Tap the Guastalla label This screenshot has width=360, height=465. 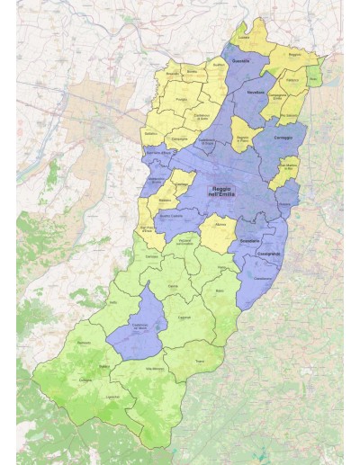(x=241, y=60)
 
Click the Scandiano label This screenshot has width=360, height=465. (x=250, y=241)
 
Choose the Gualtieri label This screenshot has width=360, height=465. (x=216, y=65)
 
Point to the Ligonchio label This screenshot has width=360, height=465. (x=112, y=395)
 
